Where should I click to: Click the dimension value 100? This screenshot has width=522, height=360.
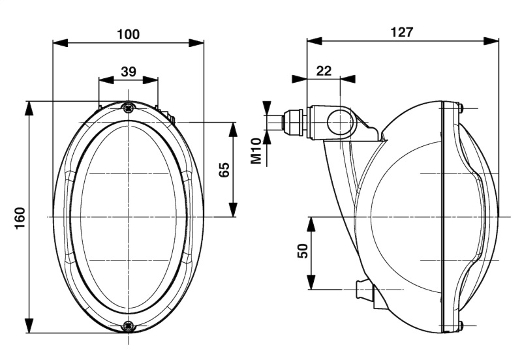[128, 33]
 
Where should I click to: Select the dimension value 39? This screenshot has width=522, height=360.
[128, 71]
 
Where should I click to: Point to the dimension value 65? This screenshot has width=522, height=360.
[224, 170]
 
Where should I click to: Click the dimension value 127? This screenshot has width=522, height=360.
[401, 32]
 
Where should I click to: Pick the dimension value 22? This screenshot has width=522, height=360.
[324, 71]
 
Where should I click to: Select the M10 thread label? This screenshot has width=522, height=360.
[257, 150]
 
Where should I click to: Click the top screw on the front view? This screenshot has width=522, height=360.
[129, 108]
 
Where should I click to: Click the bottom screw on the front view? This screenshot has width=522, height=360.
[129, 324]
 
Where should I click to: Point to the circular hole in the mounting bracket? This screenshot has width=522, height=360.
[340, 123]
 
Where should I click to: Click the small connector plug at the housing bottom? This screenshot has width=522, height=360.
[363, 289]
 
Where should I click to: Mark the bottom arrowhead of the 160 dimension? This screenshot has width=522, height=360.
[29, 324]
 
